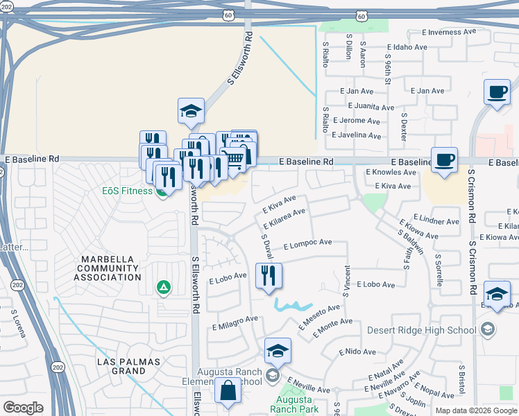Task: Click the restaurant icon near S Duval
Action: (x=269, y=276)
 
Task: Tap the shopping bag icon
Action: (x=228, y=392)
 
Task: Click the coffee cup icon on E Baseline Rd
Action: (x=444, y=160)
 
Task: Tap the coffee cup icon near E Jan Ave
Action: (x=497, y=92)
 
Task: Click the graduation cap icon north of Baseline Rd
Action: (x=191, y=111)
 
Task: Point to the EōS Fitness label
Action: (x=125, y=191)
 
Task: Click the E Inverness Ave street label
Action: (x=449, y=32)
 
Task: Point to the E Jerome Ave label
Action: (x=357, y=120)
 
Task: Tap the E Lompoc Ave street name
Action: (x=306, y=243)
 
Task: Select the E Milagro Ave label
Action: (x=235, y=320)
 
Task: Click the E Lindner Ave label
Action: (x=436, y=222)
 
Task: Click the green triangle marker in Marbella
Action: (x=164, y=287)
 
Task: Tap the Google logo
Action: (x=23, y=408)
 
